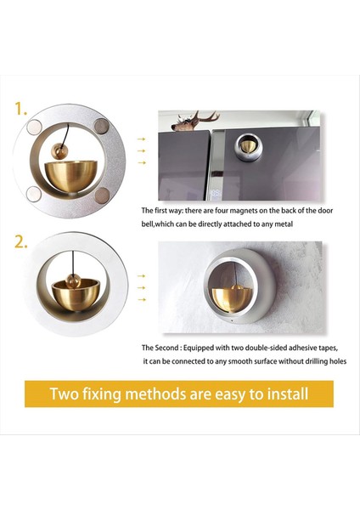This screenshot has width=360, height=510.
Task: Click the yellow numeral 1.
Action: (20, 109)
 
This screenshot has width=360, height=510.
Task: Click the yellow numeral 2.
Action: (21, 242)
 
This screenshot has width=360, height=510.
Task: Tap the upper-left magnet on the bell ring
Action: (35, 127)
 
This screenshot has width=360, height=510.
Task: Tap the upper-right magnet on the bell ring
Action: (102, 126)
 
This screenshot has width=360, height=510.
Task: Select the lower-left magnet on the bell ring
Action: (34, 194)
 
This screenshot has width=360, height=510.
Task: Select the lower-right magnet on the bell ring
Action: (102, 195)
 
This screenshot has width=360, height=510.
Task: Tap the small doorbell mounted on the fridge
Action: (249, 147)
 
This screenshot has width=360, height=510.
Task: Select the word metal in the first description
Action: (284, 224)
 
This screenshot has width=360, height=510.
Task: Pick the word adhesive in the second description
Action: (301, 348)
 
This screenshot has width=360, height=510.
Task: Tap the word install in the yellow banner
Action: (288, 394)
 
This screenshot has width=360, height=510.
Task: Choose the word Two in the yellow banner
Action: (65, 394)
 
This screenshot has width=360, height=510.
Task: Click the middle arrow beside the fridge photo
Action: (141, 151)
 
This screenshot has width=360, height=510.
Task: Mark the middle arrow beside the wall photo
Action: (141, 288)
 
